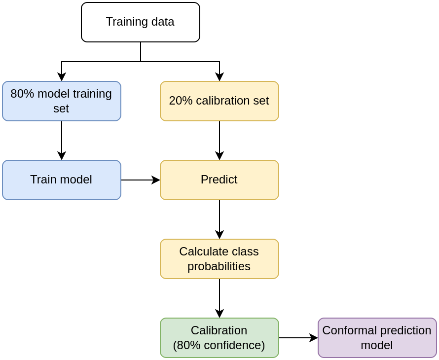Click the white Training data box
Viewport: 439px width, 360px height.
tap(140, 22)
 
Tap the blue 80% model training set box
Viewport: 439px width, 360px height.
tap(61, 101)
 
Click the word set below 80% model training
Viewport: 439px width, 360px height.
tap(61, 108)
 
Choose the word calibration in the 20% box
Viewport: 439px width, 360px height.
tap(224, 101)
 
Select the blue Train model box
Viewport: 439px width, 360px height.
tap(61, 180)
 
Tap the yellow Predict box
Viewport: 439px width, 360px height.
tap(219, 180)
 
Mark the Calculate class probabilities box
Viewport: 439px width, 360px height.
tap(219, 259)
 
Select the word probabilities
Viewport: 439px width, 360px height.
tap(219, 267)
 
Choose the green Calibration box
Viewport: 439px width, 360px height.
tap(219, 338)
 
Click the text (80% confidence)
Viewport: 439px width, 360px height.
tap(219, 346)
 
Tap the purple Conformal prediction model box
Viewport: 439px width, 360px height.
tap(377, 338)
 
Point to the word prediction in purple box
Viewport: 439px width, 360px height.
tap(405, 330)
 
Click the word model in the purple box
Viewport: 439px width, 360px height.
tap(377, 346)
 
